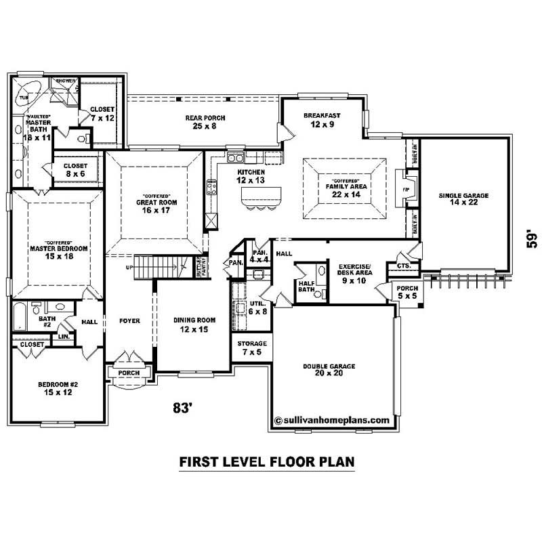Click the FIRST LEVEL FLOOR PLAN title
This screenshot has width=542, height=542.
pos(266,462)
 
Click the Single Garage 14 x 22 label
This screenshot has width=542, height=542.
pos(463,200)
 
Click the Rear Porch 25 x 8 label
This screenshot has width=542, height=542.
pos(205,122)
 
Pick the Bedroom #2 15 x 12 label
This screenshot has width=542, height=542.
pos(58,388)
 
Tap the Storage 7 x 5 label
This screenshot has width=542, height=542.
pos(251,348)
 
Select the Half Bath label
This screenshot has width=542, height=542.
pos(307,287)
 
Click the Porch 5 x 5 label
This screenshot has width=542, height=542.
pos(407,291)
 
